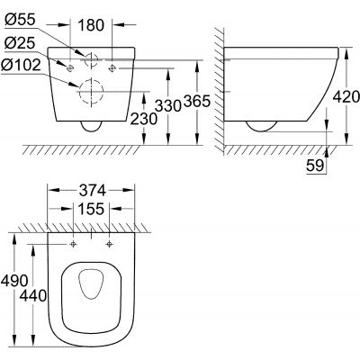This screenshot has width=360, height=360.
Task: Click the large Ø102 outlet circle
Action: pos(91,92)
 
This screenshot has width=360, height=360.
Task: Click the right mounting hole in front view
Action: pos(112,65)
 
